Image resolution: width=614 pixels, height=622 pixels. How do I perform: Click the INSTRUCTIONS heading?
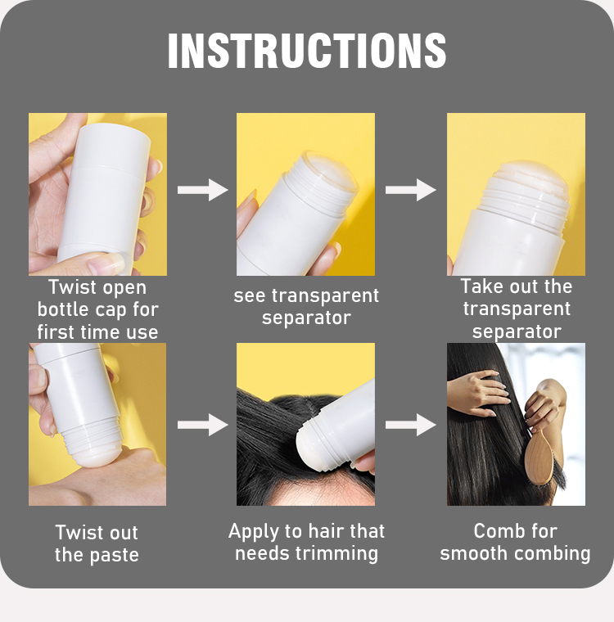click(x=307, y=51)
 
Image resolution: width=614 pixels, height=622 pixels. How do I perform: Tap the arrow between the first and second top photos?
click(x=202, y=190)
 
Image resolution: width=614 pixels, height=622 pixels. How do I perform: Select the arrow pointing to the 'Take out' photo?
click(x=410, y=190)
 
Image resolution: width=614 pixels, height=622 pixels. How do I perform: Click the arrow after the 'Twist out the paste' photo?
click(x=202, y=425)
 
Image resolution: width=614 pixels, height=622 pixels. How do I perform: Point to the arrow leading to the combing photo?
click(x=410, y=425)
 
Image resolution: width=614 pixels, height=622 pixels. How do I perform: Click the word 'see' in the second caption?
click(x=249, y=296)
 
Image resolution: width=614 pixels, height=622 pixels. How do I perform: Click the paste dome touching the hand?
click(x=96, y=456)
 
